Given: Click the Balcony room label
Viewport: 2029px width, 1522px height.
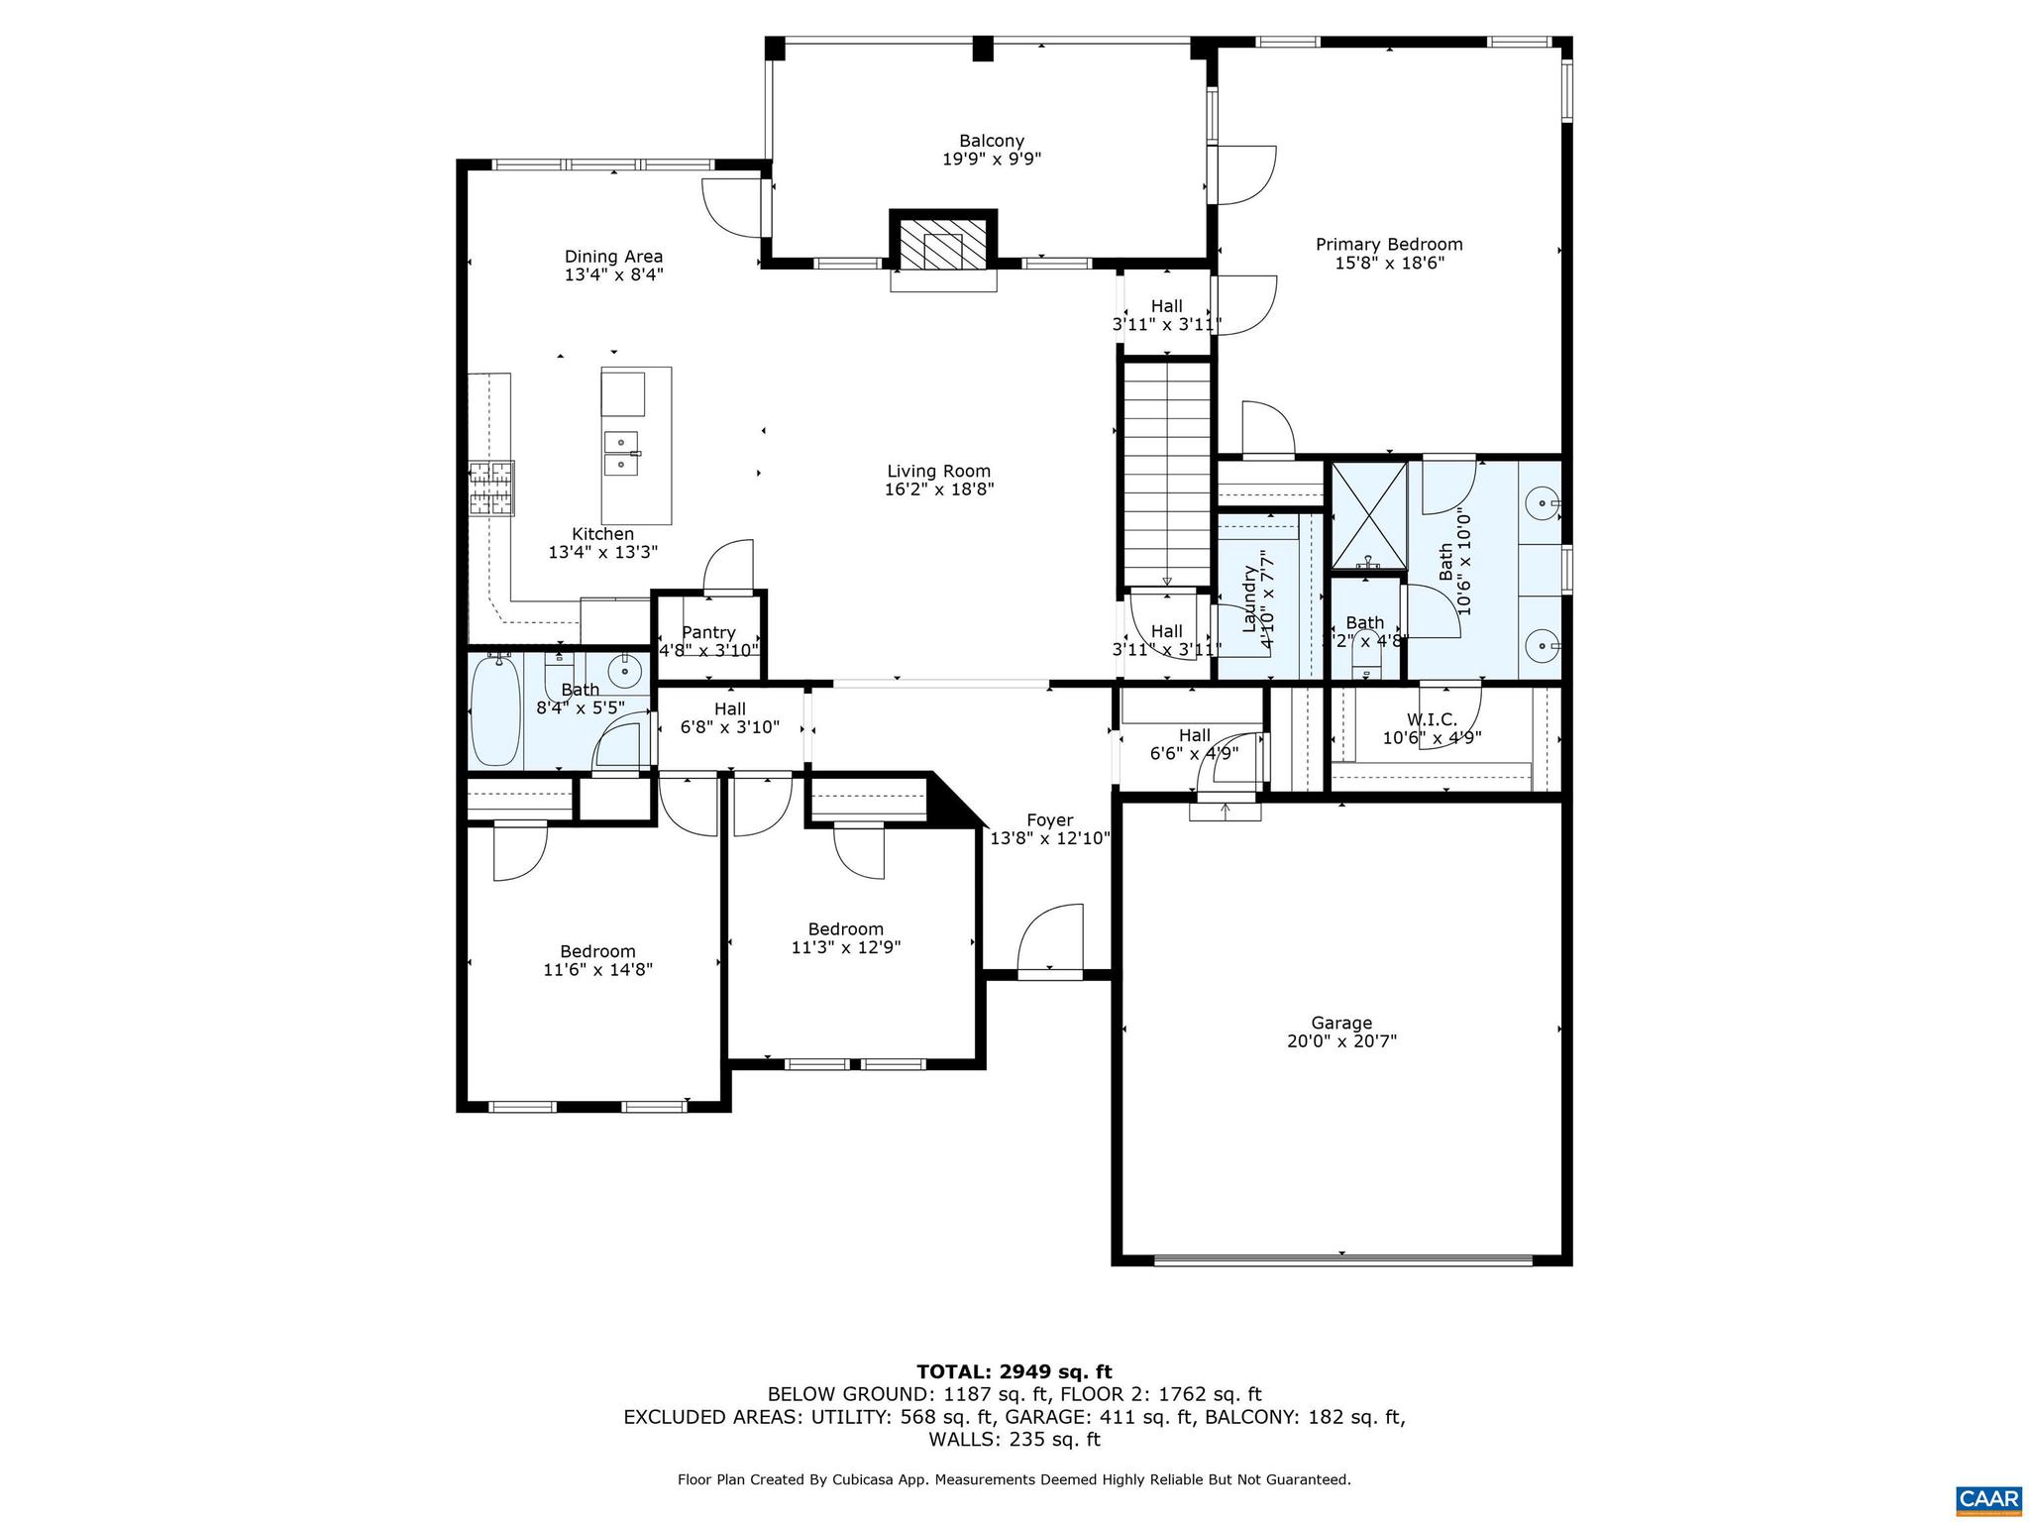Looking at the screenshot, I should pyautogui.click(x=991, y=141).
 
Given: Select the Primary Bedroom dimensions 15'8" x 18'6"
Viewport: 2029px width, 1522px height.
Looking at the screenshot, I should pyautogui.click(x=1389, y=264).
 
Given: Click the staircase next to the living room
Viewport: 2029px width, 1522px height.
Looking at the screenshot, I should pyautogui.click(x=1167, y=476).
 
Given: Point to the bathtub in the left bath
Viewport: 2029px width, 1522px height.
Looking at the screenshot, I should pyautogui.click(x=494, y=711).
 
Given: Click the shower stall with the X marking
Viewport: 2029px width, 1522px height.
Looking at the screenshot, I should pyautogui.click(x=1368, y=516).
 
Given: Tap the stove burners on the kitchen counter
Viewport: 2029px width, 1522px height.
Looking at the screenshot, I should pyautogui.click(x=491, y=488).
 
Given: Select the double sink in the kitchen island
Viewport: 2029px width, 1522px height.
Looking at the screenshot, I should pyautogui.click(x=622, y=453).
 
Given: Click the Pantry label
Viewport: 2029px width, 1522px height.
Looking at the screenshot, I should pyautogui.click(x=708, y=632).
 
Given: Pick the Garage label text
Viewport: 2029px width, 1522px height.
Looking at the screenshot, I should pyautogui.click(x=1341, y=1023).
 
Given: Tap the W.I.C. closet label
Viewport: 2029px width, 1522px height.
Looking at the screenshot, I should pyautogui.click(x=1432, y=719).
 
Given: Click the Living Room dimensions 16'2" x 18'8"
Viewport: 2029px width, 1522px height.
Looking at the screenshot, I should pyautogui.click(x=938, y=489).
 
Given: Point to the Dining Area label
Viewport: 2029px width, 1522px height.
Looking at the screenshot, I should pyautogui.click(x=613, y=257).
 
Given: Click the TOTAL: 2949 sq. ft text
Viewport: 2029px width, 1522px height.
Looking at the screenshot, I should pyautogui.click(x=1014, y=1372).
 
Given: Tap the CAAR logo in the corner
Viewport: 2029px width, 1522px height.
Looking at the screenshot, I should pyautogui.click(x=1987, y=1497).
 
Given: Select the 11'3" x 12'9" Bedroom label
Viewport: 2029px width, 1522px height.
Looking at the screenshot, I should pyautogui.click(x=845, y=938).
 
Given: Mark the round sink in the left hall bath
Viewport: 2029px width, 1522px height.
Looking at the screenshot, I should pyautogui.click(x=626, y=672).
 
